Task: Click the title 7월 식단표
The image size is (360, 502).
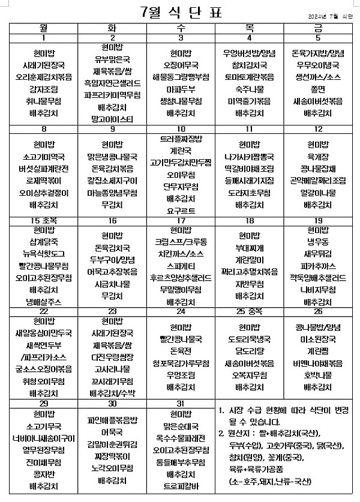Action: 180,11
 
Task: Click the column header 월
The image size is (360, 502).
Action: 44,28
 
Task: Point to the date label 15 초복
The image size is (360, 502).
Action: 44,221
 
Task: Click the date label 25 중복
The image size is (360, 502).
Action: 249,312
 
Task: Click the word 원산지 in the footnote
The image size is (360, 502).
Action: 239,433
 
